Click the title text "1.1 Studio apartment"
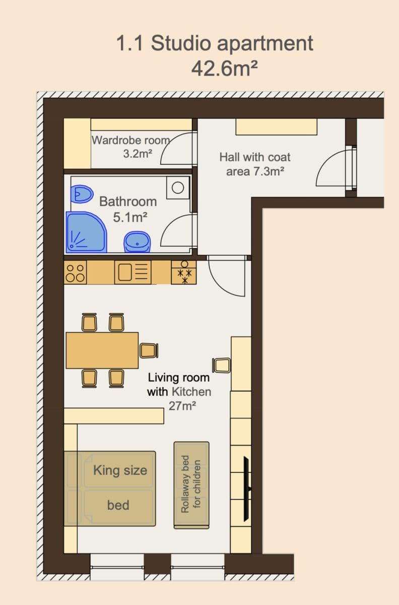(215, 43)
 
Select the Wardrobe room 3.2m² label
(130, 146)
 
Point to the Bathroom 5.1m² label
(128, 209)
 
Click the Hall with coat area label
(255, 164)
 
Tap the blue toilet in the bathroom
(82, 193)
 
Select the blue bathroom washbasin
(137, 242)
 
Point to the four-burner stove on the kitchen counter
(75, 273)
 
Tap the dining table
(102, 350)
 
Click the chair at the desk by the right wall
(222, 365)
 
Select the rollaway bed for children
(191, 485)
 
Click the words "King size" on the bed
(120, 470)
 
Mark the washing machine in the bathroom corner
(178, 188)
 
